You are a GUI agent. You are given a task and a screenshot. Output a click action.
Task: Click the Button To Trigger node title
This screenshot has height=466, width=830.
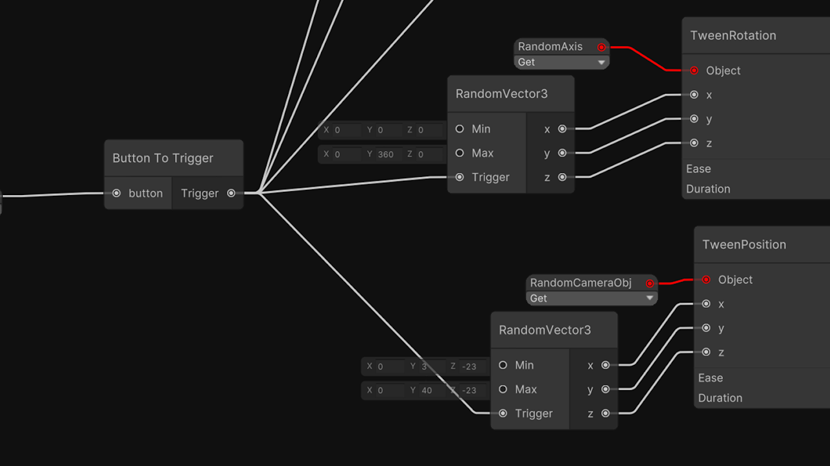coord(163,158)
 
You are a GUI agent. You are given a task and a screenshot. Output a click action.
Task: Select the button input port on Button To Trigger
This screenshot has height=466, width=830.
coord(117,193)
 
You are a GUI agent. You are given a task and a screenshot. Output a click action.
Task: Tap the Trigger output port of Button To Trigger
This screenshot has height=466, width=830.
coord(231,193)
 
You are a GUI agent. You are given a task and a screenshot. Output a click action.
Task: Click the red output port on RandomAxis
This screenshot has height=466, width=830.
coord(601,47)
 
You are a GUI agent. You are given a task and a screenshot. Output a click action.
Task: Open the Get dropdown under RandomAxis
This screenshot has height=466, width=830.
coord(562,62)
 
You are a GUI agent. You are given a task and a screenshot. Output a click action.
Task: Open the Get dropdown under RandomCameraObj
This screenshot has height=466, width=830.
coord(591,298)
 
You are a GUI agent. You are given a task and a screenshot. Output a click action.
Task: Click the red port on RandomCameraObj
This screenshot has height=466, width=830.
coord(649,283)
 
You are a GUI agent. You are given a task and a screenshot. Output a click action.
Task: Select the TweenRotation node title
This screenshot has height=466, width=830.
coord(733,36)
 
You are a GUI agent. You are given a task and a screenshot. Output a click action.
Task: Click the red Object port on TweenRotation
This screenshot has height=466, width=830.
coord(694,71)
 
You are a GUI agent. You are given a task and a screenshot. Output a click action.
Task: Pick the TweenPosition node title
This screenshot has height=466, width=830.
coord(744,244)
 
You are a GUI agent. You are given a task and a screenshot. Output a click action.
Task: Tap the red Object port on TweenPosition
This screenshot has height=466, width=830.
coord(706,280)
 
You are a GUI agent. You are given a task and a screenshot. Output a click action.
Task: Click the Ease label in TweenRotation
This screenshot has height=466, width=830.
coord(698,169)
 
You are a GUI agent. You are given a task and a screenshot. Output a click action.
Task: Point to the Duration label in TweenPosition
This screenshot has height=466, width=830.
coord(720,398)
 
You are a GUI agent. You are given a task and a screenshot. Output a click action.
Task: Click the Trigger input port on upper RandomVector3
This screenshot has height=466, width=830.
coord(460,177)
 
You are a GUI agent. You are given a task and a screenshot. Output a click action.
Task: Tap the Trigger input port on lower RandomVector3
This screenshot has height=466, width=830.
coord(503,414)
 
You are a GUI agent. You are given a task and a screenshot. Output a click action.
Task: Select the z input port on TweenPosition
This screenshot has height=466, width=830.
coord(706,352)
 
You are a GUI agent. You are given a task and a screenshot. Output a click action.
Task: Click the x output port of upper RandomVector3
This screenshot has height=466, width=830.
coord(562,129)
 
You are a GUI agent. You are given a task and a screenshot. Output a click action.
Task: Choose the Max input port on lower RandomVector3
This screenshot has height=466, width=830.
coord(503,390)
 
